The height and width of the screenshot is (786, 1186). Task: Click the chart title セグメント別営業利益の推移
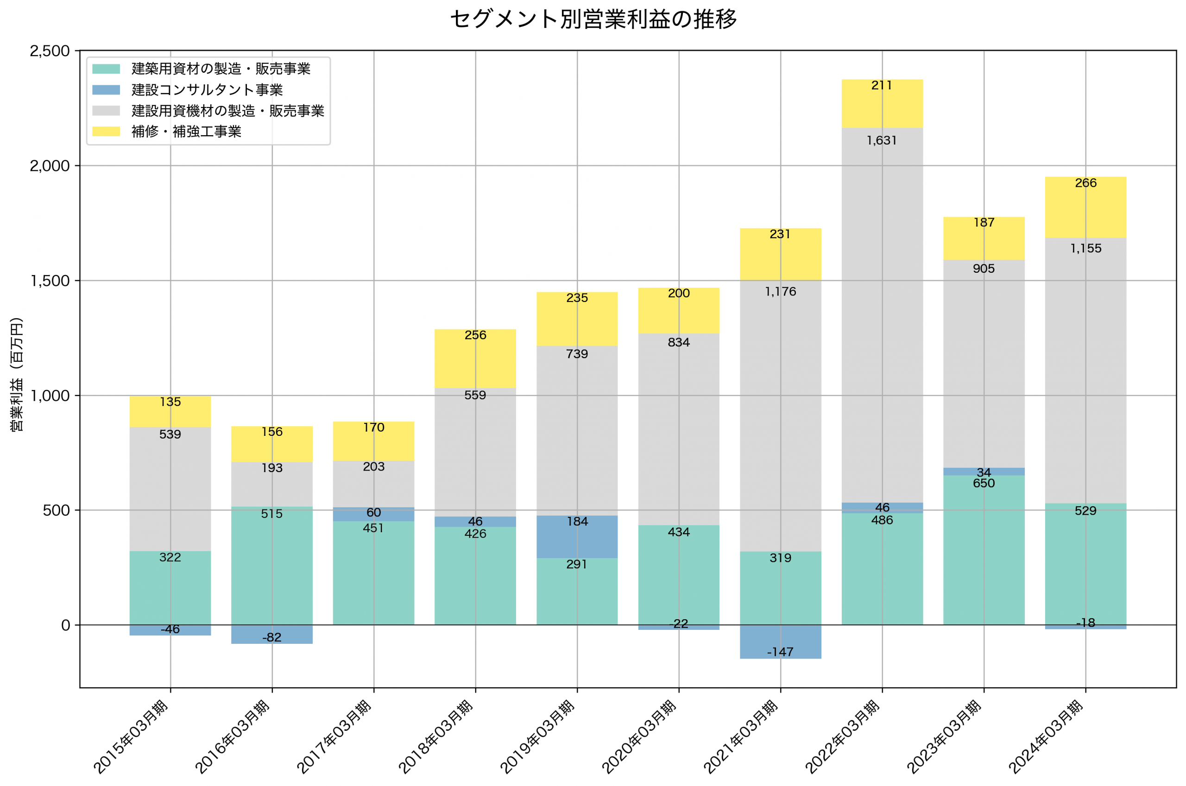point(593,19)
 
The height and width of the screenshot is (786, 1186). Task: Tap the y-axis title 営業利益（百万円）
point(17,374)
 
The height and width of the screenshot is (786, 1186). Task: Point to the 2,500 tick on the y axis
point(50,50)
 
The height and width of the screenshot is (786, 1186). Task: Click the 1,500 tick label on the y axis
point(50,281)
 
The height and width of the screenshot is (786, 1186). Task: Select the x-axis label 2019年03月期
point(538,736)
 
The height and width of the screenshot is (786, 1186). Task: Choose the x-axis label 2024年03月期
point(1047,736)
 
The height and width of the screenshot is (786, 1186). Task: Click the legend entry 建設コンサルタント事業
point(207,90)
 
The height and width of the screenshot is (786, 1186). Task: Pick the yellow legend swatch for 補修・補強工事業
point(106,132)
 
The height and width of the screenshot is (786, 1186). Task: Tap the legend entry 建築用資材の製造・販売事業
point(221,69)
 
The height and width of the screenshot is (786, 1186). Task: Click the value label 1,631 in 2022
point(882,140)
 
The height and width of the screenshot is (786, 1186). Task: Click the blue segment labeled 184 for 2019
point(577,537)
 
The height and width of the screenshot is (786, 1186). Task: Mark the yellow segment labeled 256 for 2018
point(475,358)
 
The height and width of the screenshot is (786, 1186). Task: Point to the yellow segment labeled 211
point(882,104)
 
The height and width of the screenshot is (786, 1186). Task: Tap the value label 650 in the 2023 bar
point(984,483)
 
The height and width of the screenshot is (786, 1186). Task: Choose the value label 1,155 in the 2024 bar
point(1086,248)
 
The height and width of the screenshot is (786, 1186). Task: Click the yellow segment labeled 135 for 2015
point(170,412)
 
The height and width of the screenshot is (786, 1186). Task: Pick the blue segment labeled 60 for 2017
point(374,514)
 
